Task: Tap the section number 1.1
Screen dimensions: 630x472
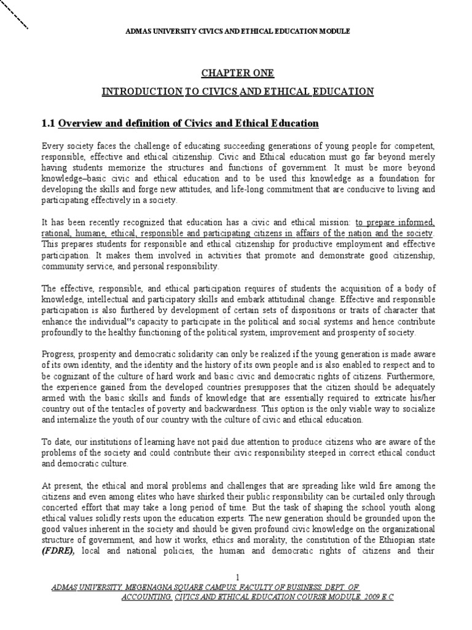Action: (x=48, y=124)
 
